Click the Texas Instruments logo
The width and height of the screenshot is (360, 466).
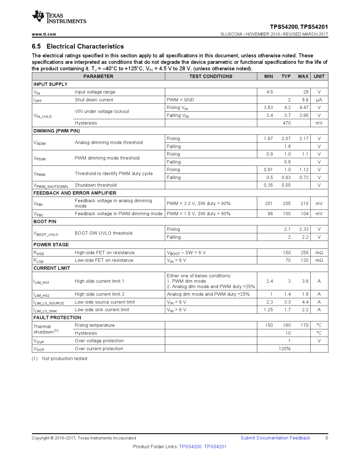59,17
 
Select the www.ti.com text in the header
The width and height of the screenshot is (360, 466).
44,34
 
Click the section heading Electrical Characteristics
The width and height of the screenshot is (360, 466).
85,46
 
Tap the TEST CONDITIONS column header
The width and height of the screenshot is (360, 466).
211,76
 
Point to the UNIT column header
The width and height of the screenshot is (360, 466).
319,76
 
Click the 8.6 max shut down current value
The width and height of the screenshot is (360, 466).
305,100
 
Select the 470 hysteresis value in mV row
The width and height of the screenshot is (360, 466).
287,123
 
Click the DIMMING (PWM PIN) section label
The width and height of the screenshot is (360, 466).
56,131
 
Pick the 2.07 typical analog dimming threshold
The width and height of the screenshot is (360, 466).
286,138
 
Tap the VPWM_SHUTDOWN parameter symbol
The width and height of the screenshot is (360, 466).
51,186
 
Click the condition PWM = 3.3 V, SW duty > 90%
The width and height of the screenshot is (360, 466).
198,203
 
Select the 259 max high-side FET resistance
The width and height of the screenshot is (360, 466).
304,252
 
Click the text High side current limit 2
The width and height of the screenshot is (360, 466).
99,294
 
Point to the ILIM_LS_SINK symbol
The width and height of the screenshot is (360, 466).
45,310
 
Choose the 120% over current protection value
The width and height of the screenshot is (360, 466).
285,349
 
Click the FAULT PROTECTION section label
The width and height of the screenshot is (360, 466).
57,317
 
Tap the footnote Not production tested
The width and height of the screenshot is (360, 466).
64,358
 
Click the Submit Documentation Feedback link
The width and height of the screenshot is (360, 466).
275,438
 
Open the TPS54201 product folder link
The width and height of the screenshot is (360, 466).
215,447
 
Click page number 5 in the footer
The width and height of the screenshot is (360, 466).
327,438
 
